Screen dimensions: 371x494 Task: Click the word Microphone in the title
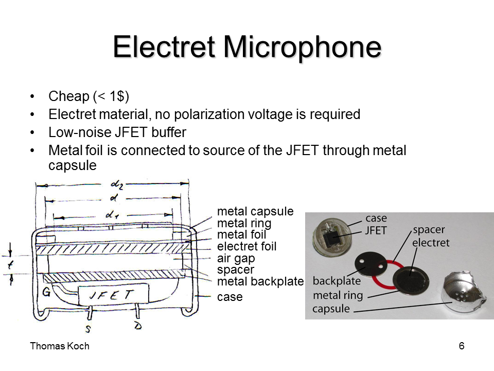coord(302,47)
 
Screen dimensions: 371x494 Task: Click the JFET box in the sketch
coord(113,295)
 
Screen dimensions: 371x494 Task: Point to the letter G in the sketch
coord(47,293)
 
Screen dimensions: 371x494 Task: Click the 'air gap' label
coord(236,258)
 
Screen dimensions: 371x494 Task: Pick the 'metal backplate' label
coord(260,281)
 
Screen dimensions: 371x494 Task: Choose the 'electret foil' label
coord(246,246)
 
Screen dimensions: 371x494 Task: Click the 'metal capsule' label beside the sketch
coord(255,211)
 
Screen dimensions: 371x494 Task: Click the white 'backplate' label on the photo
coord(336,281)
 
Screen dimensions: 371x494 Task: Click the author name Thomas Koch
coord(60,346)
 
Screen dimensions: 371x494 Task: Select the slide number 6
coord(461,346)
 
